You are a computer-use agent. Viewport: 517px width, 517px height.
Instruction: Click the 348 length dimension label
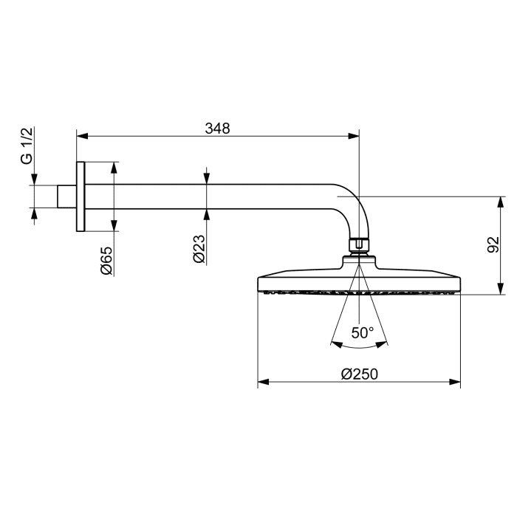[x=217, y=129]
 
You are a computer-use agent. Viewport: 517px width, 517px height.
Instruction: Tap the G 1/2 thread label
[x=27, y=145]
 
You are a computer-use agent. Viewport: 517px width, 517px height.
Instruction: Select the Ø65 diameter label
[x=106, y=261]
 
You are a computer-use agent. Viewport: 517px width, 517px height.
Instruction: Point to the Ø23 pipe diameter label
[x=199, y=249]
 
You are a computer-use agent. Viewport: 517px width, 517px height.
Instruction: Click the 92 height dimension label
[x=493, y=244]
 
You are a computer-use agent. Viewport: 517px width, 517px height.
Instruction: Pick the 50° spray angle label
[x=363, y=333]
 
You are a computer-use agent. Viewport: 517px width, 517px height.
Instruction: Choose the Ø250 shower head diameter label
[x=360, y=374]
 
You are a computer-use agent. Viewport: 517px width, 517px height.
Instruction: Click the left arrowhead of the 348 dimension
[x=82, y=136]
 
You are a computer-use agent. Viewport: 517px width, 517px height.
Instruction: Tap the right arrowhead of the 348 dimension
[x=354, y=136]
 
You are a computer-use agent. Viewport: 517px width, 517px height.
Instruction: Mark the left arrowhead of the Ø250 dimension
[x=263, y=382]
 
